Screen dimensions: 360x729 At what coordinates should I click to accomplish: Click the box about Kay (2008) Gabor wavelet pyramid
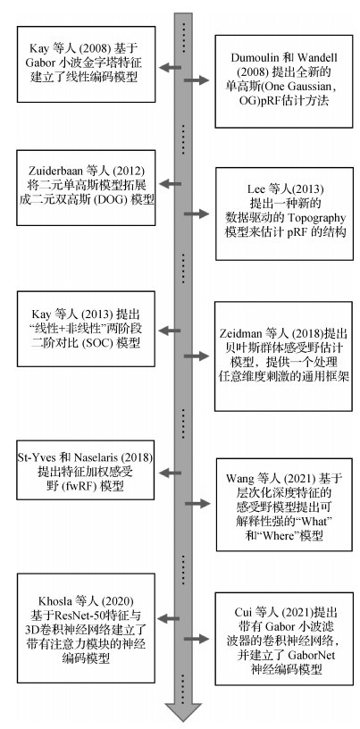coord(86,64)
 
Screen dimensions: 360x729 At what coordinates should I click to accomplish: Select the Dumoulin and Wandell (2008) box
coord(284,81)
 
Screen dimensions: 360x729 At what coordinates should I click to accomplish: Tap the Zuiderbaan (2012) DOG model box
coord(86,188)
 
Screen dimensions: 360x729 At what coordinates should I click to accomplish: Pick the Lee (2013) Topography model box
coord(284,214)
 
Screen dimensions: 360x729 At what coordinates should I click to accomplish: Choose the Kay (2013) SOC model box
coord(86,329)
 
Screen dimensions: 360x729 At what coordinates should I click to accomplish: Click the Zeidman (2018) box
coord(283,356)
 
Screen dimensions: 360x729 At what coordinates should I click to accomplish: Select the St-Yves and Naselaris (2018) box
coord(86,470)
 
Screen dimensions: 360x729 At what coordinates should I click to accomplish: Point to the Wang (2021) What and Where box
coord(284,505)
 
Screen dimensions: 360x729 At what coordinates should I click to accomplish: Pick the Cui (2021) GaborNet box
coord(284,639)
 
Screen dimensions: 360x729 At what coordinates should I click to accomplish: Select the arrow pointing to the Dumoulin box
coord(197,80)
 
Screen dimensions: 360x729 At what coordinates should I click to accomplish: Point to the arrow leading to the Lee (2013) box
coord(197,214)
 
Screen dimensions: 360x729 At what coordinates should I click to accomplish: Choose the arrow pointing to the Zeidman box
coord(197,356)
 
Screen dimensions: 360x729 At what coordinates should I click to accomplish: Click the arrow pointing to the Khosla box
coord(168,619)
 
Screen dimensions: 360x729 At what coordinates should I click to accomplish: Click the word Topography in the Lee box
coord(318,218)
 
